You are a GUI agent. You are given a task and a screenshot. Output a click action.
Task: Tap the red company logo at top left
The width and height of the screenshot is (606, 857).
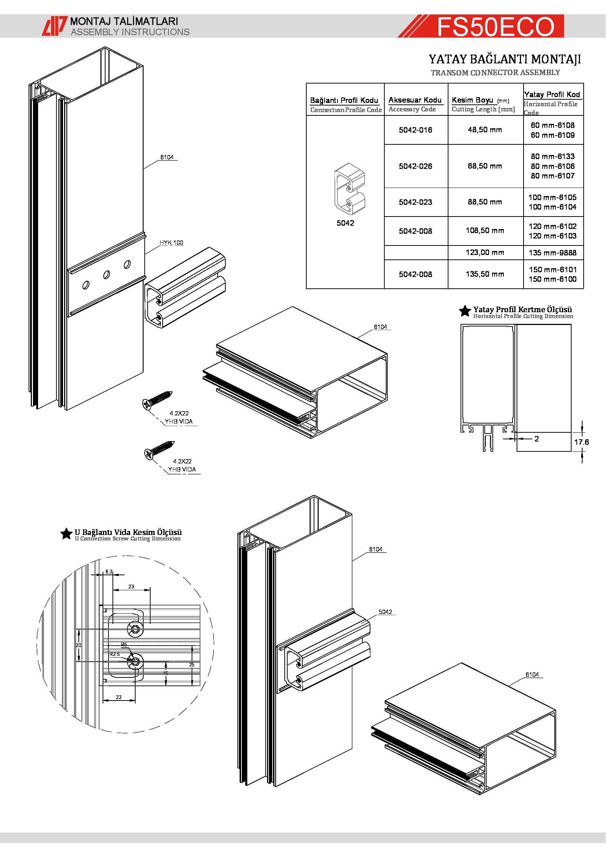click(55, 26)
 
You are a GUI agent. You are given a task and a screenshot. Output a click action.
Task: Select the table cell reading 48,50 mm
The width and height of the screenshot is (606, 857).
click(485, 130)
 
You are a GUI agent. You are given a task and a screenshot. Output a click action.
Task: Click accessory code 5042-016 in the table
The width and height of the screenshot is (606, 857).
click(415, 130)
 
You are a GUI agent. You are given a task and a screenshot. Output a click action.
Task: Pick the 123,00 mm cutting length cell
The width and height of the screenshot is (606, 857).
click(485, 253)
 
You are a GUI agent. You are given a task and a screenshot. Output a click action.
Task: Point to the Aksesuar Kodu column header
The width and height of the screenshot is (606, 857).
click(415, 100)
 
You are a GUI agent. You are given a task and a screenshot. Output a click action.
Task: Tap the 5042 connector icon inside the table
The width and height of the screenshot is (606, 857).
click(349, 188)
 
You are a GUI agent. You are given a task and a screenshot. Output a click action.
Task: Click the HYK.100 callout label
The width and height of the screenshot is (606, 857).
click(171, 243)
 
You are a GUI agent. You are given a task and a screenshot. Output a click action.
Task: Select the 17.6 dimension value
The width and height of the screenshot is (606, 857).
click(581, 442)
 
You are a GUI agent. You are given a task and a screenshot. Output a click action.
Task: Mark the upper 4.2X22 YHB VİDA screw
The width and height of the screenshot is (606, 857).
click(157, 399)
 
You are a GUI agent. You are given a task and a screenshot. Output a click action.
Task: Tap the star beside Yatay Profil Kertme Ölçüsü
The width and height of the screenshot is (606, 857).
click(465, 311)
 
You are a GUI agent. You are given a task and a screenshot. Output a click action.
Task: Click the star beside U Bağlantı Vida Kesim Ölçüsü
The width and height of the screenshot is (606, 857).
click(66, 534)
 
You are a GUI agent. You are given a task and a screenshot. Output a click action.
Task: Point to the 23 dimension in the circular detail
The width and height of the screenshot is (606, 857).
click(132, 587)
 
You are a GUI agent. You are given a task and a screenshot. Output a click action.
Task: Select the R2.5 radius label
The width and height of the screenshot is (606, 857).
click(115, 654)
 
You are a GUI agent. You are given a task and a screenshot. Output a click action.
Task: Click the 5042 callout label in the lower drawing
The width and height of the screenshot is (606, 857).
click(385, 612)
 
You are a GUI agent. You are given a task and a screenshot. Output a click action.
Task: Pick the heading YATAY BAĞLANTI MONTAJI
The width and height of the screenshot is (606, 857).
click(505, 59)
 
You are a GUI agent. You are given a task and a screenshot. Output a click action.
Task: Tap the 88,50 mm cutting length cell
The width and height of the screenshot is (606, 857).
click(485, 202)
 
